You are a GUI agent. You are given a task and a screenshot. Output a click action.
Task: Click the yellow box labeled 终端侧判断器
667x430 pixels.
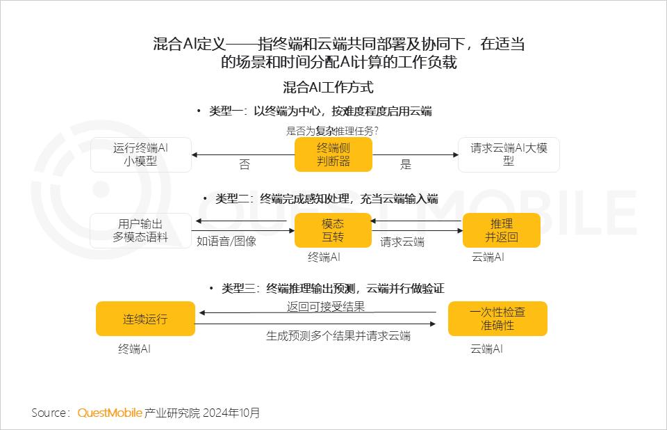[333, 154]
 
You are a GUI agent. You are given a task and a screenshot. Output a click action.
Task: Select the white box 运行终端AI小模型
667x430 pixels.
[141, 154]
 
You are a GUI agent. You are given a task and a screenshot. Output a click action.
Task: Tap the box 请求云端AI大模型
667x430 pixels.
[509, 154]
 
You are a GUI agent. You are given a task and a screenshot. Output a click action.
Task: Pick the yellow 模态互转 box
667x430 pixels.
[333, 230]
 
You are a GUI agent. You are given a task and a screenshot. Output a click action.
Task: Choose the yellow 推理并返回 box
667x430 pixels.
[502, 230]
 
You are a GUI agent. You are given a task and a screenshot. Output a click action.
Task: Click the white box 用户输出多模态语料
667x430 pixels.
[140, 230]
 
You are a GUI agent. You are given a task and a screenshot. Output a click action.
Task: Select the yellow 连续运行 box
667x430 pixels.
[145, 319]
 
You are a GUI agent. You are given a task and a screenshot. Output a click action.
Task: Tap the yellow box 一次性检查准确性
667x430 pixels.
[497, 319]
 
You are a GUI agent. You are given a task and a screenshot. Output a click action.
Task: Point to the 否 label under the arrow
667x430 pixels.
[245, 164]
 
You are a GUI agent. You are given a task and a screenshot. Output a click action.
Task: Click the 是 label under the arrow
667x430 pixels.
[406, 164]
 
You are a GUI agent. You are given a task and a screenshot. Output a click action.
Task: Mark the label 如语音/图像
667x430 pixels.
[227, 241]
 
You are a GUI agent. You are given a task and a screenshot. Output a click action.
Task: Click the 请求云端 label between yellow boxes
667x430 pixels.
[402, 242]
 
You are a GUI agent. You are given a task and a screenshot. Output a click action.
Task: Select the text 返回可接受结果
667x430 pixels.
[326, 306]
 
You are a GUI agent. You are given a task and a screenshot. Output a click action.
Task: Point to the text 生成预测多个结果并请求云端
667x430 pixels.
[338, 336]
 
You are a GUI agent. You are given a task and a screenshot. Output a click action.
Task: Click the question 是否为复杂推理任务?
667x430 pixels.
[332, 131]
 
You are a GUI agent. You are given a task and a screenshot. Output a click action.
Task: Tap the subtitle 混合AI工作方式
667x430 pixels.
[329, 88]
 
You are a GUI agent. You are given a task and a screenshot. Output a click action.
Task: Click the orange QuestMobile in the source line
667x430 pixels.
[110, 413]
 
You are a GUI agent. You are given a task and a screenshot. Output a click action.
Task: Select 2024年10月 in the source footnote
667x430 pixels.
[231, 413]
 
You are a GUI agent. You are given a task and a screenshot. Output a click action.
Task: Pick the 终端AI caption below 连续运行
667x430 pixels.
[134, 349]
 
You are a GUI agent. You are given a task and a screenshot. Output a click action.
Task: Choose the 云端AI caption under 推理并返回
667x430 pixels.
[488, 257]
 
